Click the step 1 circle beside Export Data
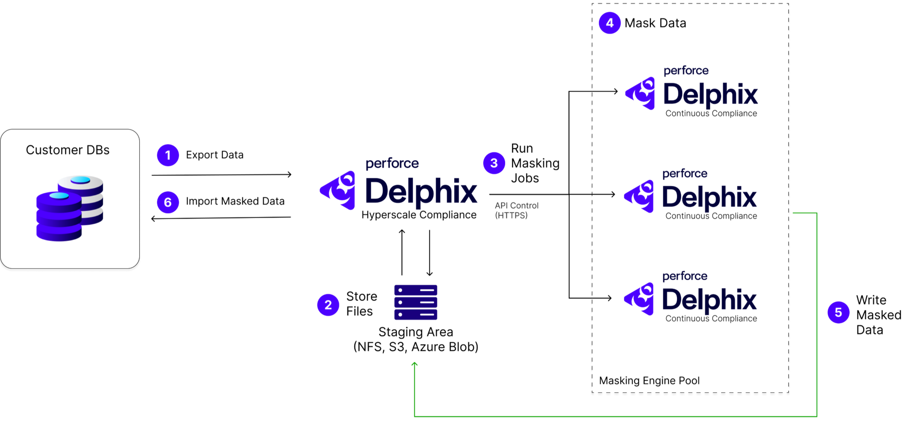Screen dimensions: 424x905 click(168, 155)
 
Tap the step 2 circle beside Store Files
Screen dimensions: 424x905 click(328, 305)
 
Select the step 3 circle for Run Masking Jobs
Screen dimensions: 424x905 click(494, 163)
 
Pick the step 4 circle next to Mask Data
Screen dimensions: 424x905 click(610, 23)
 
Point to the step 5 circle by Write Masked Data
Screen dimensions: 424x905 click(838, 312)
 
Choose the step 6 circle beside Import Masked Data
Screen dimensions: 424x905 click(168, 202)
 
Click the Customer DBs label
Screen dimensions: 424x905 click(67, 150)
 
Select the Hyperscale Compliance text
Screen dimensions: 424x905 click(419, 215)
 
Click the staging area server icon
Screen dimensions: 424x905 click(416, 302)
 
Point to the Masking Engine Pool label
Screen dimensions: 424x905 click(649, 381)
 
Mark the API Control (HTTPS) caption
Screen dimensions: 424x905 click(516, 210)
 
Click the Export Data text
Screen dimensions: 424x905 click(214, 155)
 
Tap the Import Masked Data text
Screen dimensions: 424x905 click(235, 202)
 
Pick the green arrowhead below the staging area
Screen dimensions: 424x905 click(415, 365)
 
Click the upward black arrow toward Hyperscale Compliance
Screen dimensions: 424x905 click(402, 252)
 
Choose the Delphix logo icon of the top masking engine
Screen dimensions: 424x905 click(641, 93)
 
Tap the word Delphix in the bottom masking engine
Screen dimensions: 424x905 click(709, 299)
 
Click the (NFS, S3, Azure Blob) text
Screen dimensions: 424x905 click(416, 347)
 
